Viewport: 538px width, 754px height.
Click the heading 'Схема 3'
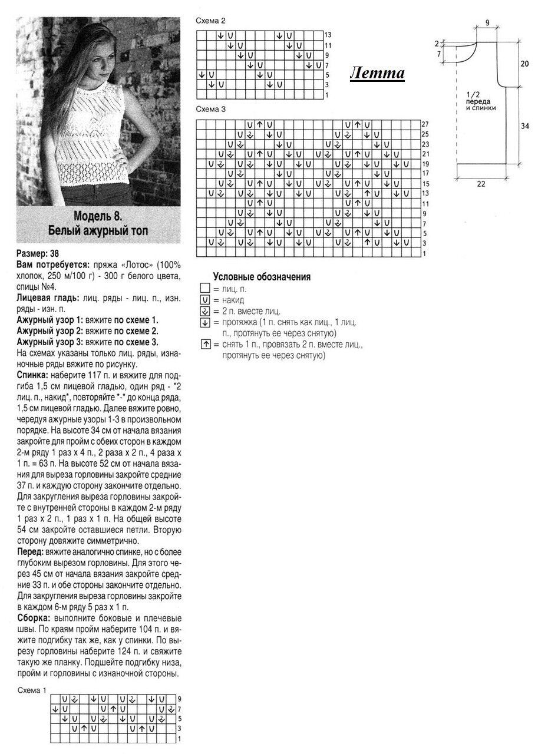click(210, 110)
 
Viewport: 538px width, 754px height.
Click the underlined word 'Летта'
click(377, 73)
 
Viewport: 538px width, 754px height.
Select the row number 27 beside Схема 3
click(425, 124)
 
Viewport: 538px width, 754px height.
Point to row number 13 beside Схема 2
click(328, 35)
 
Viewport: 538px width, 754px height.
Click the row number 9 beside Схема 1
click(179, 698)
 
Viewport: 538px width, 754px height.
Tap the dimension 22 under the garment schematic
click(481, 184)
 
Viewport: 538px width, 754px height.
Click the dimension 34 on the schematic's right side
click(524, 125)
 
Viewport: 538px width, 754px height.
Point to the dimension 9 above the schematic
click(488, 23)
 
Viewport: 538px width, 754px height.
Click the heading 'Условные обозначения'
click(262, 277)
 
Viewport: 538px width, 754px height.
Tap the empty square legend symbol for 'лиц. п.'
click(205, 289)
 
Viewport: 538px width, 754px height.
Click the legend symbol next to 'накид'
click(205, 300)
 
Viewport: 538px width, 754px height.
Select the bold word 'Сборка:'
click(34, 618)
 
